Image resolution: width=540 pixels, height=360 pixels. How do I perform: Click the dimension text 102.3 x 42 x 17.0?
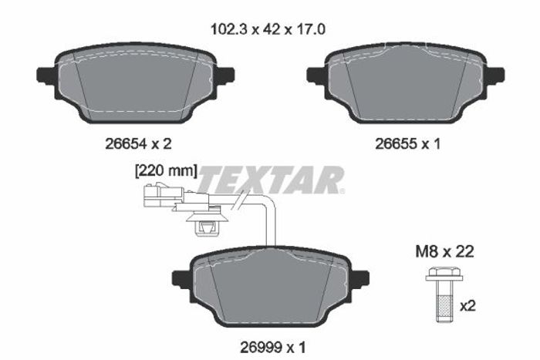(x=268, y=29)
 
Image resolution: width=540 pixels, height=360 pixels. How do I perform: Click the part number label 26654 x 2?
(x=138, y=143)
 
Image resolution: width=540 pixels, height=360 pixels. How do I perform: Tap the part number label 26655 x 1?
(x=408, y=143)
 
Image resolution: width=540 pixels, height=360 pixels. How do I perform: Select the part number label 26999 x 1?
(x=273, y=347)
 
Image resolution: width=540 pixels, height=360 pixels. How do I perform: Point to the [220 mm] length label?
(x=166, y=170)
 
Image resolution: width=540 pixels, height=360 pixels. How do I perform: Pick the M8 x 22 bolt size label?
(x=444, y=251)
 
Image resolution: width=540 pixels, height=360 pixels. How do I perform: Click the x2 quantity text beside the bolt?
(x=467, y=305)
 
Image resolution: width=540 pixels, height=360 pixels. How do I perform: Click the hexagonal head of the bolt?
(x=444, y=273)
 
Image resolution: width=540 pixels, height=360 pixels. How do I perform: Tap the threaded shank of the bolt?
(x=444, y=301)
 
